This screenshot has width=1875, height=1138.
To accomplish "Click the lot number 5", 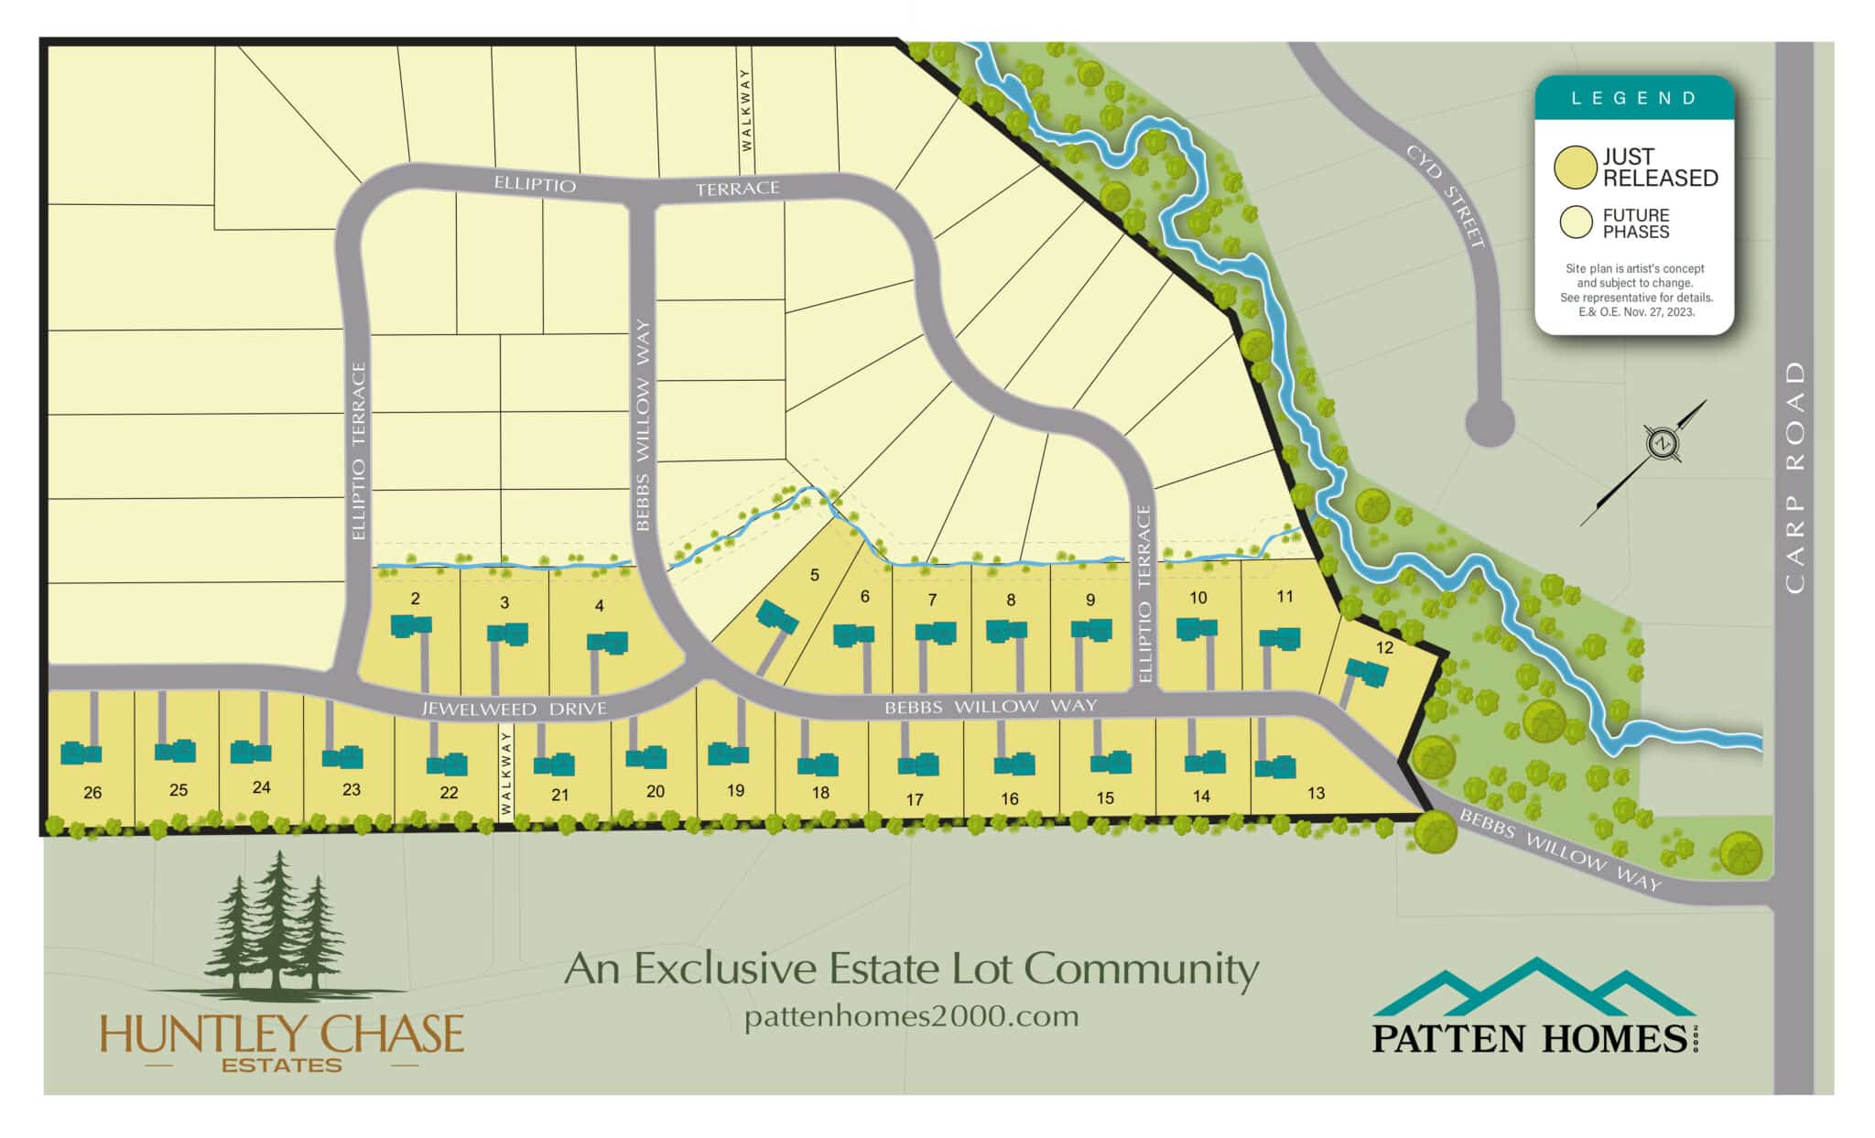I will [815, 575].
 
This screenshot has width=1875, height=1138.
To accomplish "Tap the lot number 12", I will [1384, 647].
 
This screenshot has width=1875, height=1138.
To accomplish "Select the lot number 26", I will [92, 793].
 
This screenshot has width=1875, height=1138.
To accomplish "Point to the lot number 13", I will [1316, 793].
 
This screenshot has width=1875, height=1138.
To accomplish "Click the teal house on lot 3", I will [508, 634].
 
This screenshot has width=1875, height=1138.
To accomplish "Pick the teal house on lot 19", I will [729, 754].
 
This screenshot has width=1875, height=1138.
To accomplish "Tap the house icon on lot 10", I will [1197, 629].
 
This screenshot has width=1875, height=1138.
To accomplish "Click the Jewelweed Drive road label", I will [514, 709].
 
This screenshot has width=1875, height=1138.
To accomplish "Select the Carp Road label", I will [1794, 477].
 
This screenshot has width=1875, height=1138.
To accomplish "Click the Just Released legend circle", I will [1576, 168].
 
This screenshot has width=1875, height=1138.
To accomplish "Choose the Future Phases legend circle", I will [1577, 222].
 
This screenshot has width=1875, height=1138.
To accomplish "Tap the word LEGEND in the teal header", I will [1634, 98].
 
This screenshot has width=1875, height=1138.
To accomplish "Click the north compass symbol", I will [1661, 444].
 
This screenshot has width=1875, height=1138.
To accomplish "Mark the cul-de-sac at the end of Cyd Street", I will [1490, 423].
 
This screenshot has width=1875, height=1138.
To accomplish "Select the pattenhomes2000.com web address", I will [911, 1016].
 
